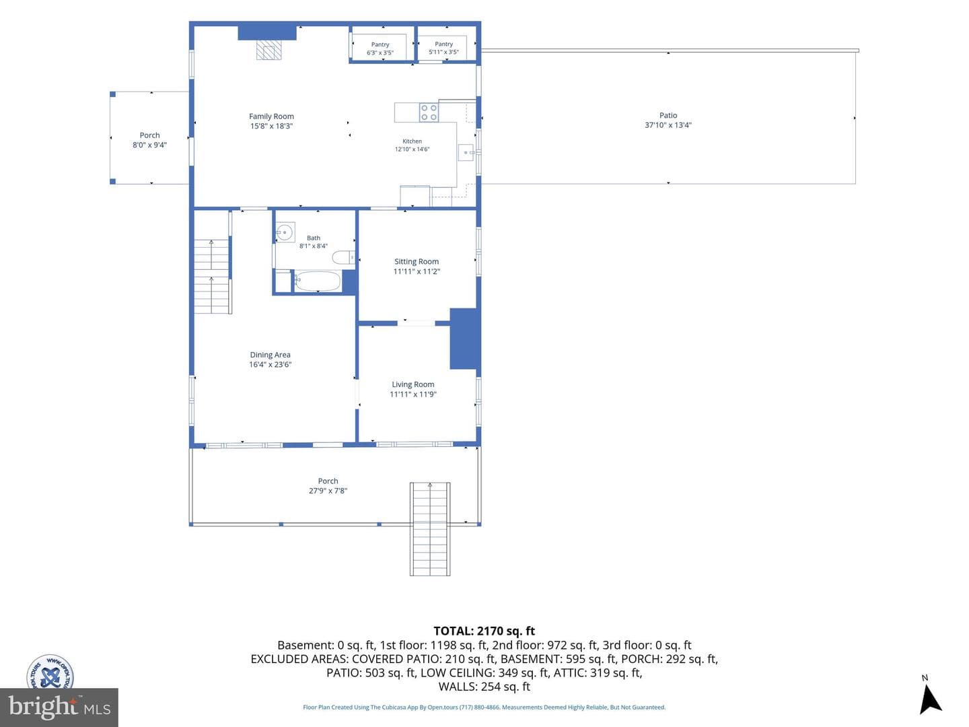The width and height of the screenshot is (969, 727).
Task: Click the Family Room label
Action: tap(271, 116)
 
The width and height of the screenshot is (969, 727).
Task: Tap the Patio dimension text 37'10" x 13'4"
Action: tap(668, 125)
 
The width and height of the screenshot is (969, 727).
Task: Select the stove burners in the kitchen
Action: tap(429, 112)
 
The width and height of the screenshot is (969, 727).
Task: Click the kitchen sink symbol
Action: tap(465, 152)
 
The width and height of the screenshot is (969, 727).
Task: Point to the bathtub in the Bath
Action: tap(318, 281)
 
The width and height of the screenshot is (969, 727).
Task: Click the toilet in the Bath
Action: tap(343, 257)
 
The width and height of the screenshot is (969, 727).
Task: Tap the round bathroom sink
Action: tap(285, 232)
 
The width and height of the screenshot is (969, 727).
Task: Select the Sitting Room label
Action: tap(417, 262)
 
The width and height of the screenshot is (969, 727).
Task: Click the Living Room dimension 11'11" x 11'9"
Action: tap(412, 394)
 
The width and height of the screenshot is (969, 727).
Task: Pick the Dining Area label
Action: tap(270, 355)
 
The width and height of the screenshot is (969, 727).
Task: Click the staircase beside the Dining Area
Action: tap(212, 276)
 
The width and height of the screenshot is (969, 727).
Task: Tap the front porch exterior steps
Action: tap(430, 529)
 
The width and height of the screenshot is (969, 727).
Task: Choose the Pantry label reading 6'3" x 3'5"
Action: tap(380, 48)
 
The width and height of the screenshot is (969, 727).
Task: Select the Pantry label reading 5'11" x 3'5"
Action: tap(443, 48)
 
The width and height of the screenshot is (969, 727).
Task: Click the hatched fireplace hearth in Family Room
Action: tap(269, 49)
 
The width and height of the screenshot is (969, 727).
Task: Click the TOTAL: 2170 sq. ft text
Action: tap(484, 631)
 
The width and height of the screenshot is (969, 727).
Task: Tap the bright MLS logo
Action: tap(59, 707)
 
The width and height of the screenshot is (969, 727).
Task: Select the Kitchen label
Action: tap(412, 141)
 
